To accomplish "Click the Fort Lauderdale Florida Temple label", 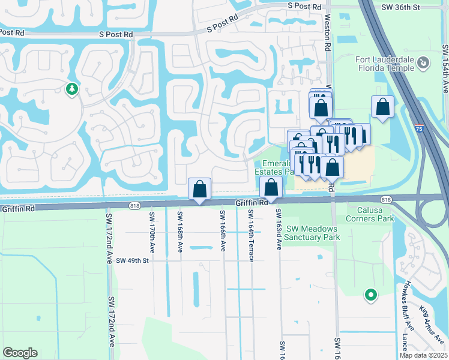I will click(384, 63).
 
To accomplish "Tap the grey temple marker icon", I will click(423, 62).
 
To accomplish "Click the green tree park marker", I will click(72, 89).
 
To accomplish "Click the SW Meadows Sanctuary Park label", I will click(312, 233).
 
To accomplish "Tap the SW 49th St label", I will click(133, 260).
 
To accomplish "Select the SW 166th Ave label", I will click(223, 231).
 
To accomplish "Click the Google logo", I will click(20, 353).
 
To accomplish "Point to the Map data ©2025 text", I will click(423, 355).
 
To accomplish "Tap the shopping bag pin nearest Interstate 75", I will click(382, 107).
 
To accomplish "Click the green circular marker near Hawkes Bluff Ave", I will click(371, 295).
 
